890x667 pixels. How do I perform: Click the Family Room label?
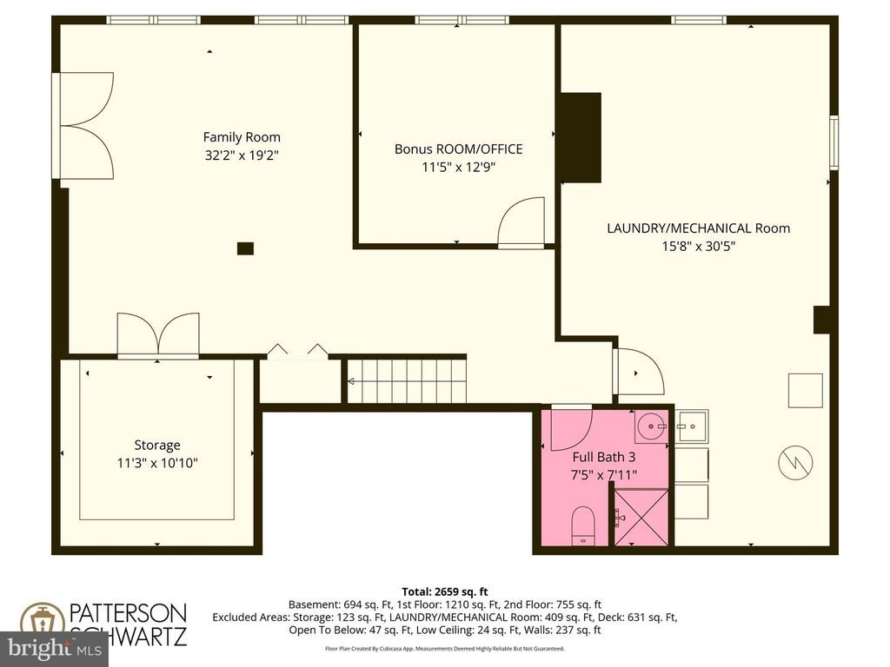tap(242, 137)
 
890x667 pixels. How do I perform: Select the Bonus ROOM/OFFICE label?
tap(458, 149)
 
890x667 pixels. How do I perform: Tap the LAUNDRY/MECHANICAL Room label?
tap(698, 228)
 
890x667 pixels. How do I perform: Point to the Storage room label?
tap(157, 446)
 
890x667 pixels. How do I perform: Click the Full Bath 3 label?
tap(603, 457)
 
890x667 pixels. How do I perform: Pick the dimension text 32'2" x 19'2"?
tap(242, 155)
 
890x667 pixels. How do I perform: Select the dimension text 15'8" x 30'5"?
tap(698, 246)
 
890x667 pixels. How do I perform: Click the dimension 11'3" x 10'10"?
tap(157, 464)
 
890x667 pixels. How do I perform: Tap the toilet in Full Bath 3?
tap(582, 526)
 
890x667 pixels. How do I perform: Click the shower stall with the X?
tap(641, 518)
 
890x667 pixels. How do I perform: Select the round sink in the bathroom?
tap(648, 426)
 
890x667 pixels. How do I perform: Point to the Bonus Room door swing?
tap(521, 224)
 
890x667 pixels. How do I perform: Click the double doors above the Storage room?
tap(157, 336)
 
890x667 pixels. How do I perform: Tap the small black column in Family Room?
tap(245, 248)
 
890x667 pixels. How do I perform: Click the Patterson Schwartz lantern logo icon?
tap(40, 624)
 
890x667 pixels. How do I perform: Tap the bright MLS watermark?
tap(54, 648)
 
